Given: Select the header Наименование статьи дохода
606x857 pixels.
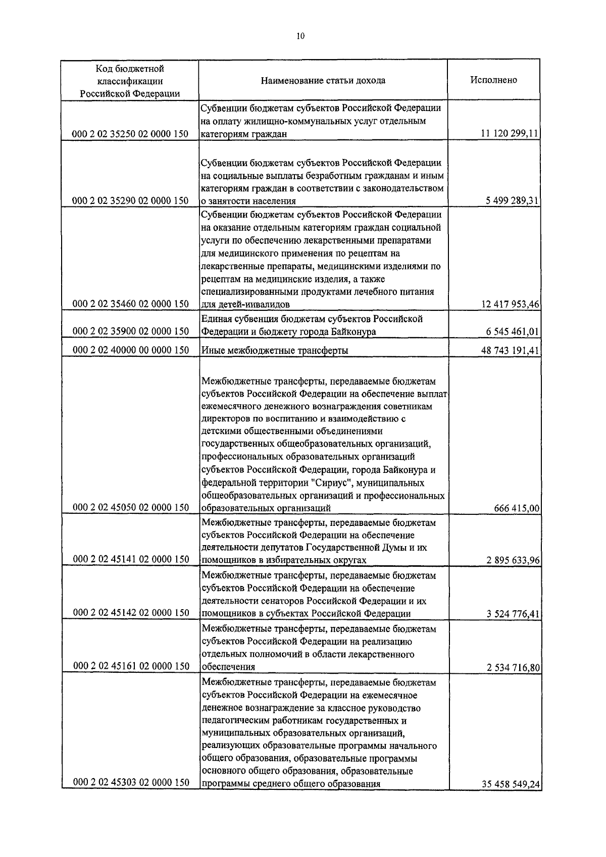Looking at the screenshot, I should [323, 81].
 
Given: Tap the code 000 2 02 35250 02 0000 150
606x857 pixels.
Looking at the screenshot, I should [131, 134].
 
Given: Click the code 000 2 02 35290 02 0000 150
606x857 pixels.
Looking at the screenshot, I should [131, 201].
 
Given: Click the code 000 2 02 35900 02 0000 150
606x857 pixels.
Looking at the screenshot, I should [131, 331].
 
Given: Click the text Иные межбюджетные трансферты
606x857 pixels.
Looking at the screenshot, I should [275, 350].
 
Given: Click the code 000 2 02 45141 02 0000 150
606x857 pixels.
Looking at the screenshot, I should [131, 559].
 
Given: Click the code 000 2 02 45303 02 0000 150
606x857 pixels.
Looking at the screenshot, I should [131, 797].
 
